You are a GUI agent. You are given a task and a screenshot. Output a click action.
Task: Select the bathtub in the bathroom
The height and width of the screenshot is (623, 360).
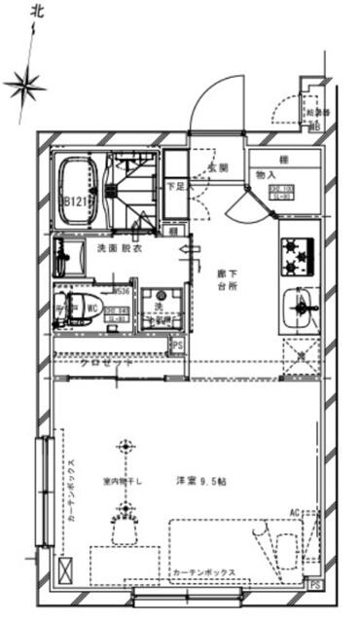(78, 185)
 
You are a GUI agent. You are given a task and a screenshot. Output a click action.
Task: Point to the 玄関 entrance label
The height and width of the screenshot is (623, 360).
(216, 168)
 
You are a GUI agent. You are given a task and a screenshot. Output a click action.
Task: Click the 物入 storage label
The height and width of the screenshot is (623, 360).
(267, 175)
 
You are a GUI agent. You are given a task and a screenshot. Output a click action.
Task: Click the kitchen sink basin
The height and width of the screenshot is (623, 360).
(297, 310)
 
